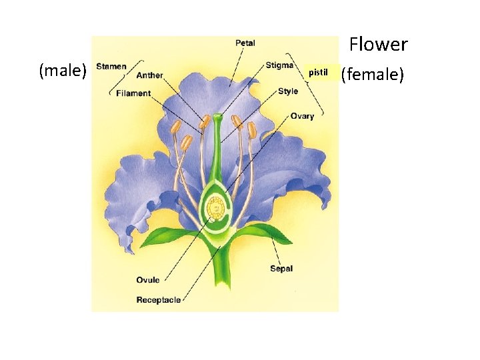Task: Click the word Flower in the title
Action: [x=378, y=45]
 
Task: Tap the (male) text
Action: [x=63, y=70]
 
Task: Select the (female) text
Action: [x=373, y=75]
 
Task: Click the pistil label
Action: [x=318, y=72]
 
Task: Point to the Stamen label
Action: [x=111, y=66]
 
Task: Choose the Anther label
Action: [x=149, y=75]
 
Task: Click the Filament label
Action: [x=133, y=93]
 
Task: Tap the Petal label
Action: [x=245, y=43]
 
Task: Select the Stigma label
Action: [x=279, y=65]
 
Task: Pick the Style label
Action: [x=288, y=91]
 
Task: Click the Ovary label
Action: [x=302, y=116]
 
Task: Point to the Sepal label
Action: [x=281, y=269]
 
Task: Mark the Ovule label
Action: [x=148, y=280]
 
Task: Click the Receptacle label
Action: [x=159, y=300]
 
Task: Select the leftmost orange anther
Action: [x=175, y=127]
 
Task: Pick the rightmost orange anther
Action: [x=252, y=129]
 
